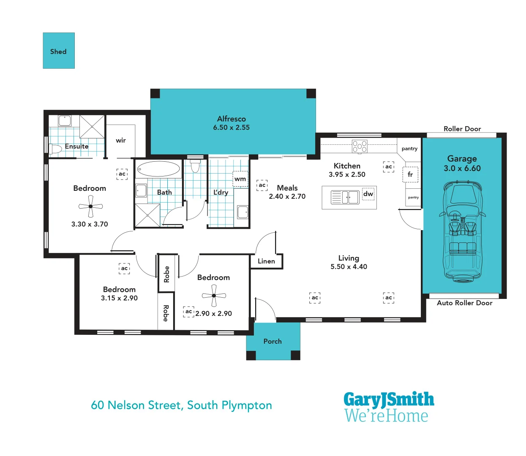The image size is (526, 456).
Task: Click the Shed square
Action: tap(59, 51)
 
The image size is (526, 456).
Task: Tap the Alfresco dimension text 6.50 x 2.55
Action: tap(231, 128)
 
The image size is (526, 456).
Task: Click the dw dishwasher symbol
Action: tap(368, 194)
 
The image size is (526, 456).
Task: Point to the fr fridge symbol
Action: tap(410, 174)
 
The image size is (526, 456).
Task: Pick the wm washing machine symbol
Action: tap(240, 179)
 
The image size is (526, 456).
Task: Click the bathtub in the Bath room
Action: tap(158, 169)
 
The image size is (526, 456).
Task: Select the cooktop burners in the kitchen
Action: tap(360, 146)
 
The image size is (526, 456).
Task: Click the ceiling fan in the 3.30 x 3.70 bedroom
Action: tap(90, 206)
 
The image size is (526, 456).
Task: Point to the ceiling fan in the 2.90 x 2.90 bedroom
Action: tap(214, 295)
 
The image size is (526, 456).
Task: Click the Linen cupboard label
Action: tap(266, 261)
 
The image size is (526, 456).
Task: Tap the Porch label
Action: tap(273, 341)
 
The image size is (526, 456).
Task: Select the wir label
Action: tap(121, 141)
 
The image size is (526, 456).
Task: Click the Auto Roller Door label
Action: tap(464, 303)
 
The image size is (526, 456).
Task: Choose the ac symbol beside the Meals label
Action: tap(262, 185)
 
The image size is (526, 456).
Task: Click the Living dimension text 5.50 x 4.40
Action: tap(349, 267)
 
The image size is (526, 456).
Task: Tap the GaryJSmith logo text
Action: tap(389, 399)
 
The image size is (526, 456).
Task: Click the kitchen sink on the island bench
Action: tap(350, 197)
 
